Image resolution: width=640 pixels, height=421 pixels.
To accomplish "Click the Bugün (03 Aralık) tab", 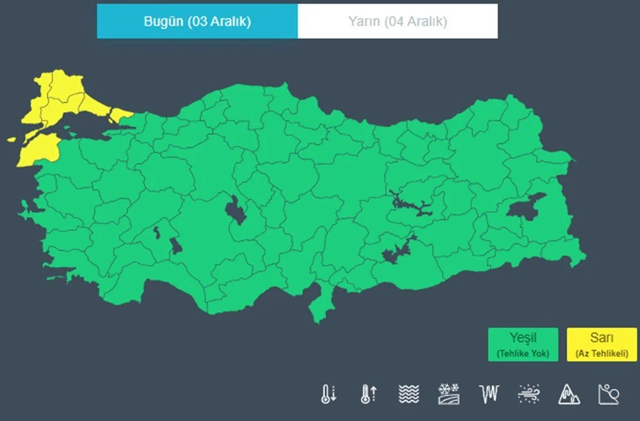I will point(197,21).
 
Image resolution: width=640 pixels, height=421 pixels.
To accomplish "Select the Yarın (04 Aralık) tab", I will point(397,21).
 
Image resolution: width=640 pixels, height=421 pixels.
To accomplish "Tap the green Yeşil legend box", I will point(522,344).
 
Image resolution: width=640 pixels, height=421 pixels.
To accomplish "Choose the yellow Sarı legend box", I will point(602,344).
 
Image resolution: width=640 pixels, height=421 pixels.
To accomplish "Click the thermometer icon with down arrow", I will point(328,393).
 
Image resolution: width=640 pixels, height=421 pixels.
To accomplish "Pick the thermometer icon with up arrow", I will point(367,393).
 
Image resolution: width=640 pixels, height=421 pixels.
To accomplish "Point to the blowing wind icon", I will point(529,393).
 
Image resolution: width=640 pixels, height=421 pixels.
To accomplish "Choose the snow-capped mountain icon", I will point(568,393).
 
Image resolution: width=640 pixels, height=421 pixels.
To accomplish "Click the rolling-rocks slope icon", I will point(608,393).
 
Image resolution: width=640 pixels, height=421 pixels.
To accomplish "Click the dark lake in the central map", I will point(236,212).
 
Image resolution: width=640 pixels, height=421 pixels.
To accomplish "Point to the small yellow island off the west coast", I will point(11,139).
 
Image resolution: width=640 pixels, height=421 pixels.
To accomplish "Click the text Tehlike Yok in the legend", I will point(522,353).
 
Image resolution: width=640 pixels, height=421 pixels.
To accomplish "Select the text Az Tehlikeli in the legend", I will point(602,353).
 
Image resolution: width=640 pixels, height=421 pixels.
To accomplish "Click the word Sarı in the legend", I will point(602,338).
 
